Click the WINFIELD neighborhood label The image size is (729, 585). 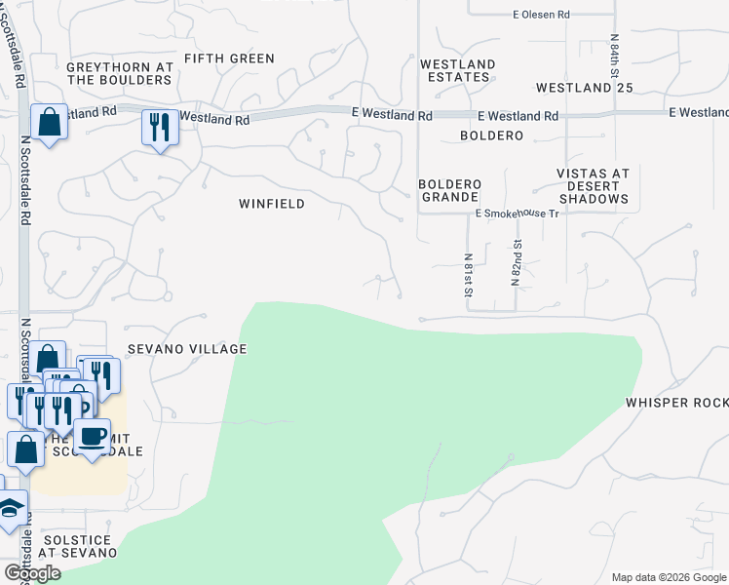[272, 204]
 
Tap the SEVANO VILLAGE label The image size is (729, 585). [185, 349]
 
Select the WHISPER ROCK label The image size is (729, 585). [676, 403]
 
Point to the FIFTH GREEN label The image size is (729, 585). [229, 58]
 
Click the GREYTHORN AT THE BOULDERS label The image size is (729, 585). [120, 74]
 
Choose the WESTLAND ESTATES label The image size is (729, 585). [457, 70]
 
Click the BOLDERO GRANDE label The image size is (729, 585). [449, 190]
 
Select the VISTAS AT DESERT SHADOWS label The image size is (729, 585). [593, 186]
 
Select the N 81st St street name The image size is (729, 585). [469, 274]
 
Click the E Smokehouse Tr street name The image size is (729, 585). [517, 213]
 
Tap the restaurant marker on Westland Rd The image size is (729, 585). [159, 127]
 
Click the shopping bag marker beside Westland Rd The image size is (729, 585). [49, 122]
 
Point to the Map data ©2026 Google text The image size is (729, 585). [668, 577]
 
